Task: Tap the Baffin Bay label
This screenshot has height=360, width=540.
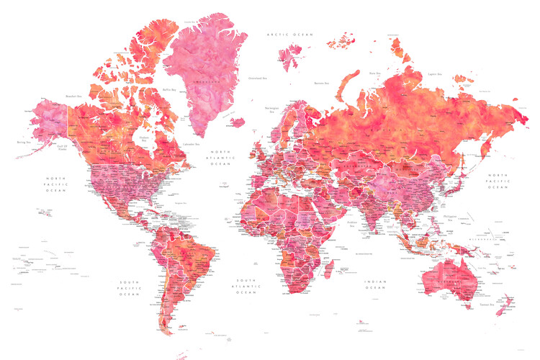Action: pyautogui.click(x=170, y=89)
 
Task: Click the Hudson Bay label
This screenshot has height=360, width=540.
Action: pyautogui.click(x=144, y=140)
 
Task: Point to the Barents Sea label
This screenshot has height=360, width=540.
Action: pyautogui.click(x=321, y=83)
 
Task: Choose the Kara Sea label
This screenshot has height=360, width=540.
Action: pyautogui.click(x=374, y=73)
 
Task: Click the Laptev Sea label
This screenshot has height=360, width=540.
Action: pyautogui.click(x=433, y=73)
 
